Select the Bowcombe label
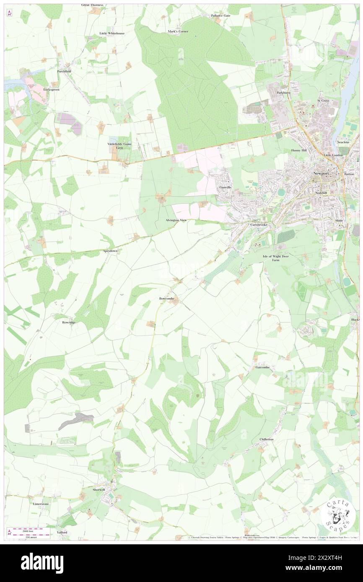(166, 299)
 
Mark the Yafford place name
(62, 532)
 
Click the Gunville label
(226, 187)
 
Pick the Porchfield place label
(64, 71)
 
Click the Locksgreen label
(52, 90)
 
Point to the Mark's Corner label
(178, 31)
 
